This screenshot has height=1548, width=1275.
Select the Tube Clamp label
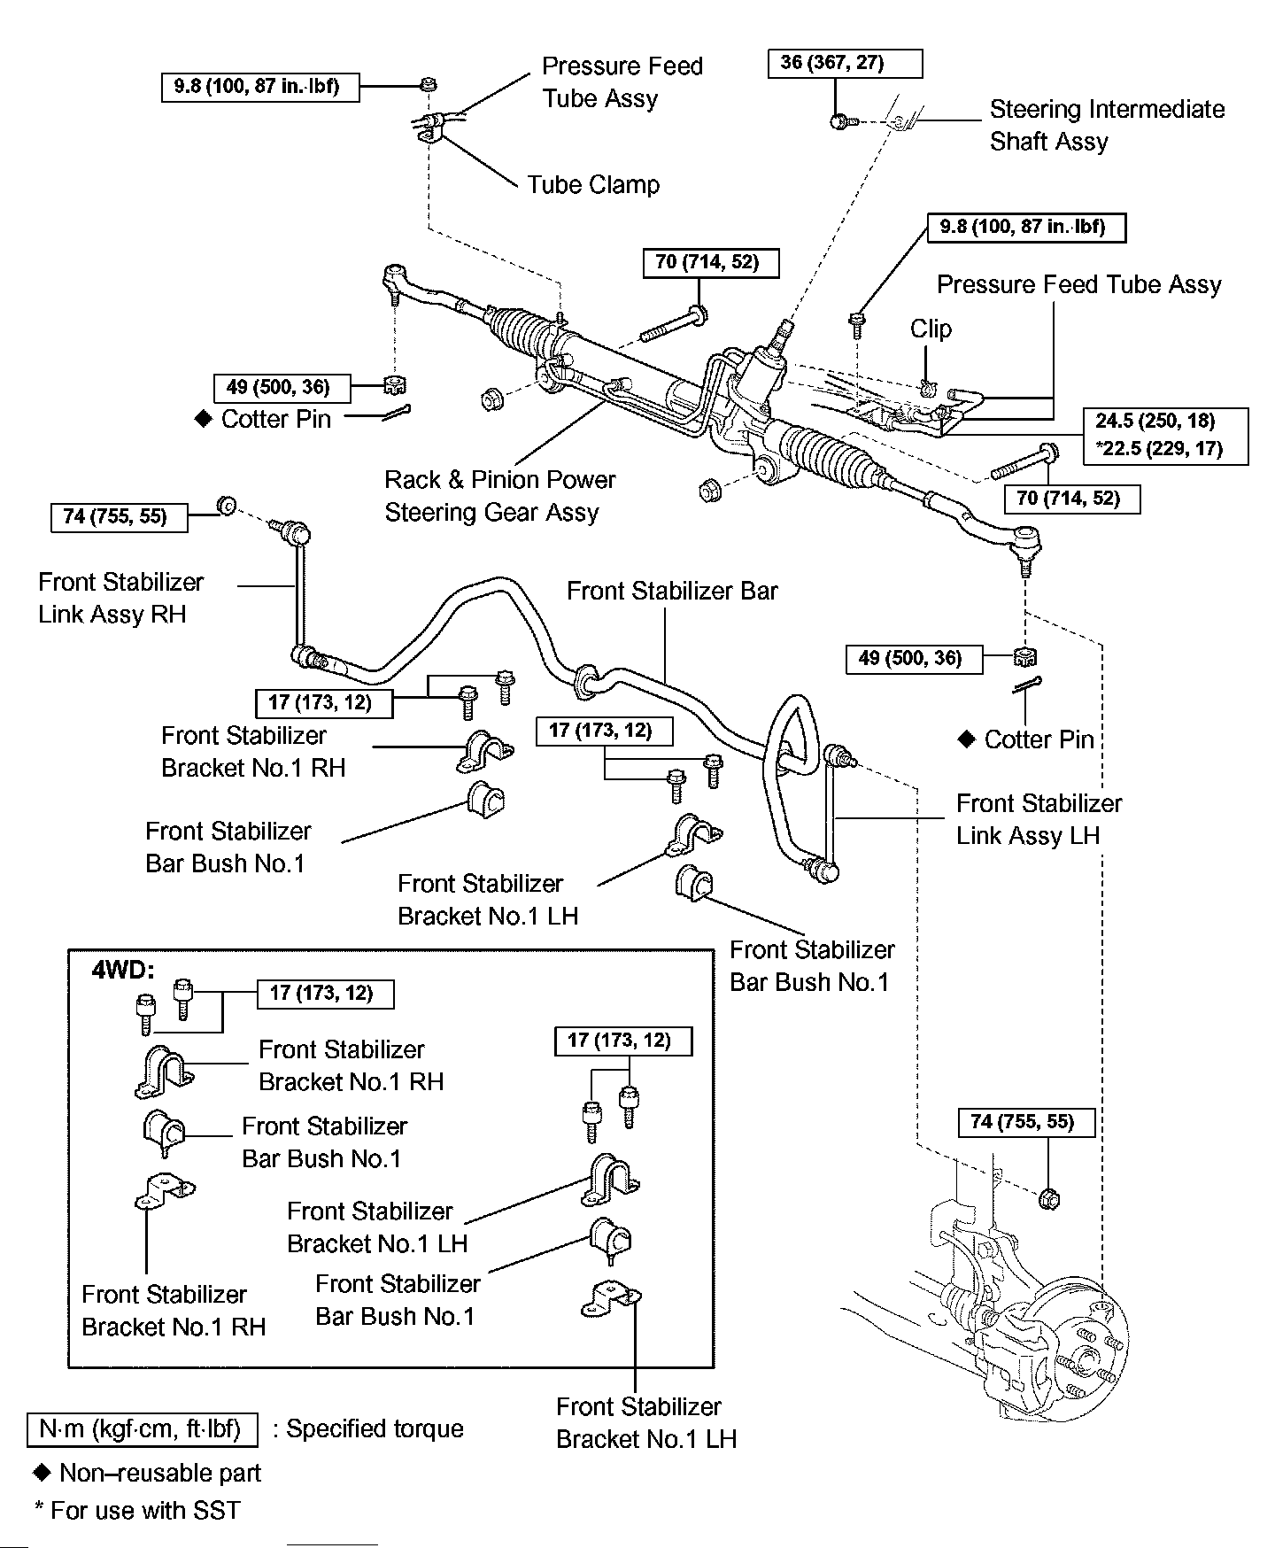pyautogui.click(x=593, y=185)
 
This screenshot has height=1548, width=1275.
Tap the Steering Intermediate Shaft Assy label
pyautogui.click(x=1107, y=125)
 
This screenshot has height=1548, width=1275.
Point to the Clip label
pyautogui.click(x=931, y=329)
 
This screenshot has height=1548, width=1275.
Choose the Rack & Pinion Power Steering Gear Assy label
pyautogui.click(x=499, y=496)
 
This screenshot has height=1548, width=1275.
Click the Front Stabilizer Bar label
pyautogui.click(x=672, y=591)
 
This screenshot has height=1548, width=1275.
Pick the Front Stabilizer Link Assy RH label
pyautogui.click(x=120, y=598)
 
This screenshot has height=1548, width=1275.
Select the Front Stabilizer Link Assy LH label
pyautogui.click(x=1039, y=819)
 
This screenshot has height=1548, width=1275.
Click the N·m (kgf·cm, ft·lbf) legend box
pyautogui.click(x=142, y=1428)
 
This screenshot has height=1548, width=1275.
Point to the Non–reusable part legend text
pyautogui.click(x=159, y=1473)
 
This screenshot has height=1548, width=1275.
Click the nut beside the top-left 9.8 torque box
pyautogui.click(x=428, y=85)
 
